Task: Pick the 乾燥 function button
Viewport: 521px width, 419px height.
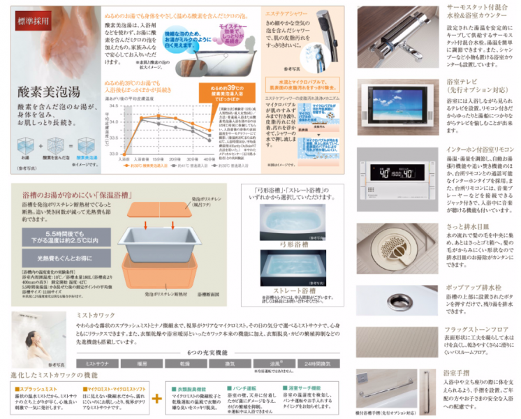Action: [x=186, y=364]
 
